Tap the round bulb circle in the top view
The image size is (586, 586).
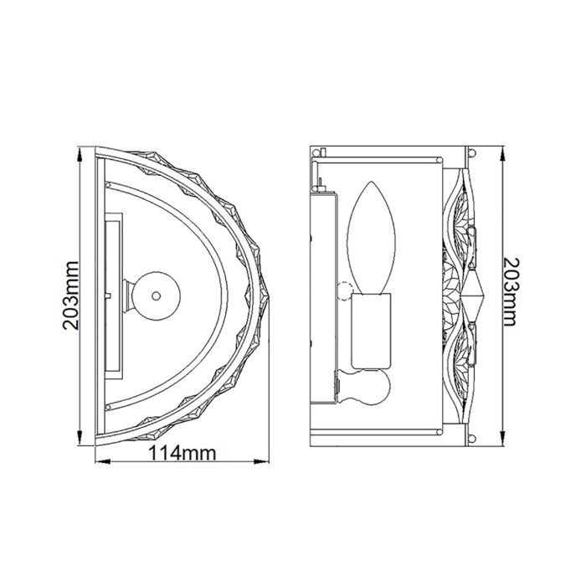click(156, 295)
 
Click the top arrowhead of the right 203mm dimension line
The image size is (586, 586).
click(501, 154)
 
